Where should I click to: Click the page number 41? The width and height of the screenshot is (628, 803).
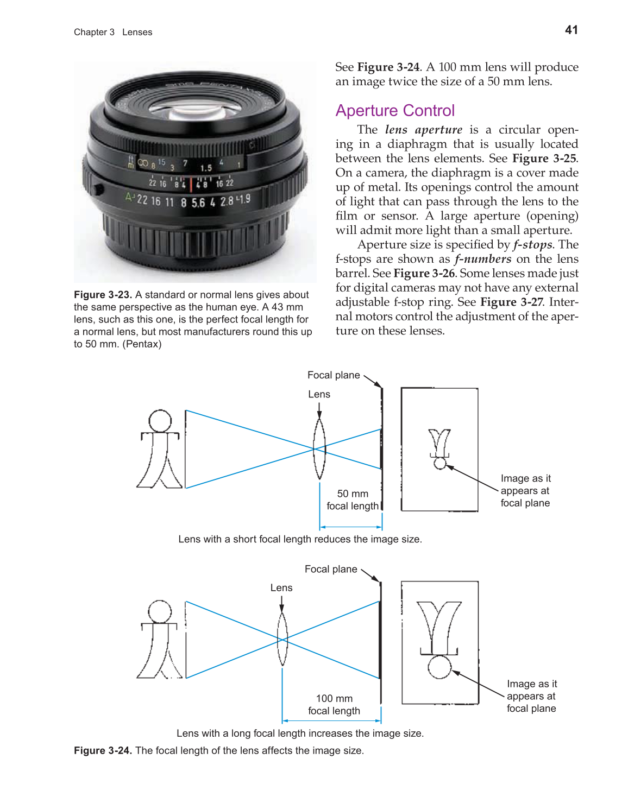(571, 30)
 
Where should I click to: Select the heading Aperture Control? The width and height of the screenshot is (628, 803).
(395, 111)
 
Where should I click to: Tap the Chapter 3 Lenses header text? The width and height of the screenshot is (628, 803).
(113, 33)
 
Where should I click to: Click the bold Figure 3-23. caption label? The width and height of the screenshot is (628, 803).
(103, 295)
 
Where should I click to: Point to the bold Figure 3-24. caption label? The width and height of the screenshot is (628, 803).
(103, 750)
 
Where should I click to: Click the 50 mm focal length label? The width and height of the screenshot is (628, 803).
(353, 500)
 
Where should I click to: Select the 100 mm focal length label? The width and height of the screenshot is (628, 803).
(334, 705)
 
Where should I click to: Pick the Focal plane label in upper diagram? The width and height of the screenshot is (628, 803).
(334, 375)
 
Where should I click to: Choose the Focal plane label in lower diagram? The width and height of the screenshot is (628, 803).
(331, 569)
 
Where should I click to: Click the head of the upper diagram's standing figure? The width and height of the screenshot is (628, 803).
(160, 421)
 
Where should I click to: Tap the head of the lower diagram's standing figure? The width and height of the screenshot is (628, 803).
(160, 611)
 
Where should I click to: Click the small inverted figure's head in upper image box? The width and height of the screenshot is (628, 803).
(440, 463)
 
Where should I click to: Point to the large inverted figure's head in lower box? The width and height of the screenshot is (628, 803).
(439, 667)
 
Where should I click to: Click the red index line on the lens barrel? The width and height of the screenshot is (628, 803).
(191, 184)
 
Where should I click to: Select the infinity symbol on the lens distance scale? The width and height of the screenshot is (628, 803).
(143, 162)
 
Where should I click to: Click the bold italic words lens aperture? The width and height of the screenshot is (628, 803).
(423, 130)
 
